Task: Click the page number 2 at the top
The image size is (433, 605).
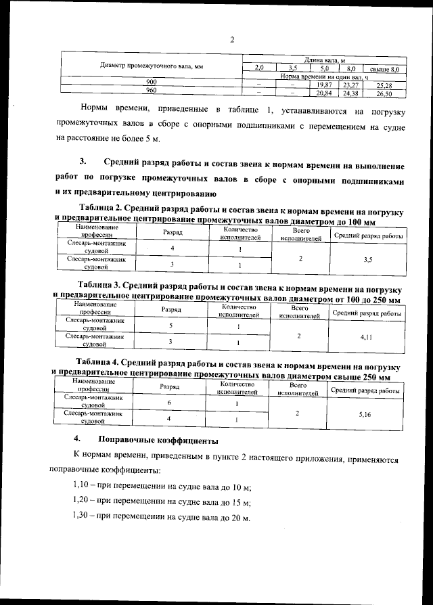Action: (232, 39)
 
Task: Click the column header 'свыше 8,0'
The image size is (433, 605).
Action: (384, 69)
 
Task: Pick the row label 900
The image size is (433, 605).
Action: (152, 83)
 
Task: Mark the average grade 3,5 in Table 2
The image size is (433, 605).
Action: (367, 258)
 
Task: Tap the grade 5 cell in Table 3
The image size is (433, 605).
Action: (170, 326)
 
